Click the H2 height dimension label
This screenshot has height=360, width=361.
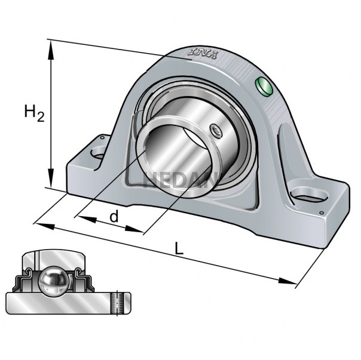pos(34,113)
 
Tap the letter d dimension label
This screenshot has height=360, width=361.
pos(113,216)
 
